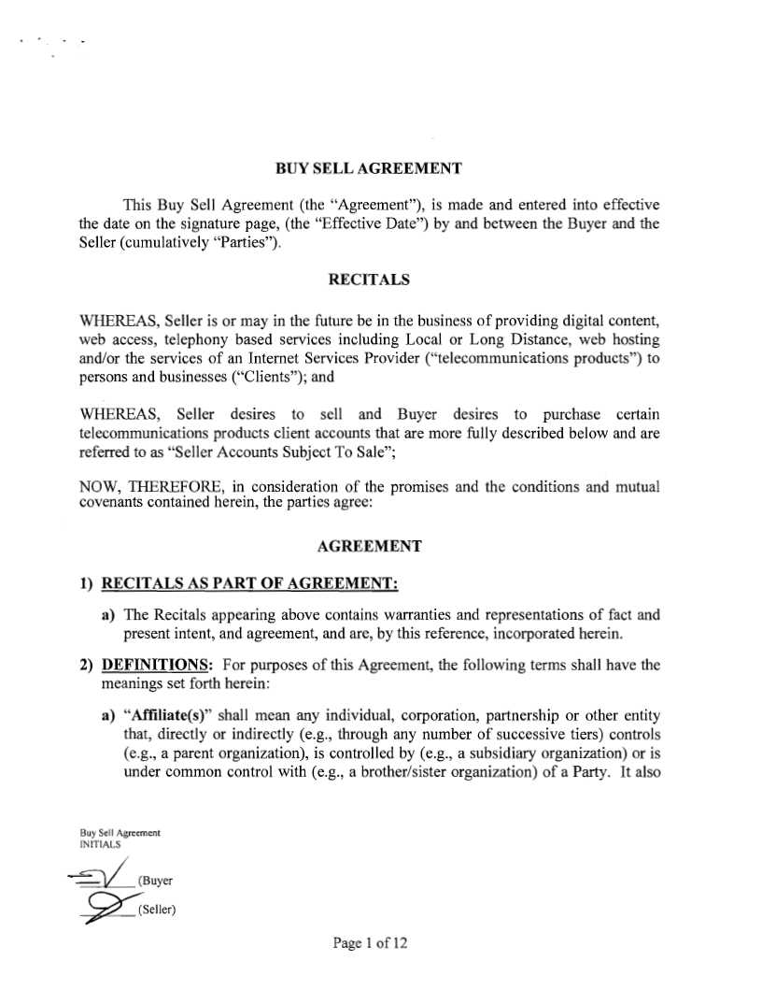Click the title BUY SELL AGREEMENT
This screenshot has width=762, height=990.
tap(369, 169)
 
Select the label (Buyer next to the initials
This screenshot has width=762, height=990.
tap(155, 882)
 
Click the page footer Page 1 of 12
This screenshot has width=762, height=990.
tap(370, 943)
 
